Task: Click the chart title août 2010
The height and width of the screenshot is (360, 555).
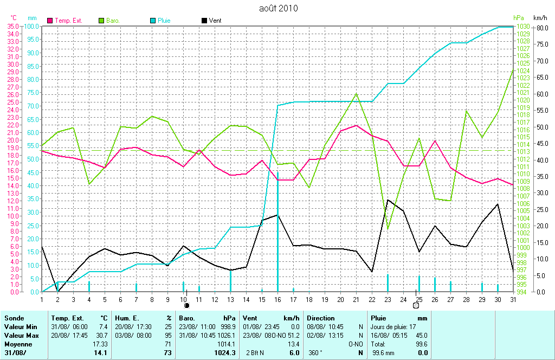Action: [x=278, y=8]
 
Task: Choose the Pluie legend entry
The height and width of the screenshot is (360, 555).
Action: [x=164, y=21]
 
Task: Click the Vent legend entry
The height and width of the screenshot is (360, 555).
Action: [x=215, y=21]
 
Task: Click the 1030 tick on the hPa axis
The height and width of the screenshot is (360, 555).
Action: [x=522, y=27]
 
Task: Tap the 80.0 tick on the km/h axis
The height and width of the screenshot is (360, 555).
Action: [x=541, y=27]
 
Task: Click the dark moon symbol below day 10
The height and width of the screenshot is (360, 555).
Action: [x=186, y=306]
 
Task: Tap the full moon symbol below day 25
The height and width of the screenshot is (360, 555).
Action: [x=416, y=306]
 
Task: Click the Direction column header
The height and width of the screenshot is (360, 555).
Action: [x=320, y=318]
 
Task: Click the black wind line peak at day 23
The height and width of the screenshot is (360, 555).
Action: [x=388, y=200]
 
